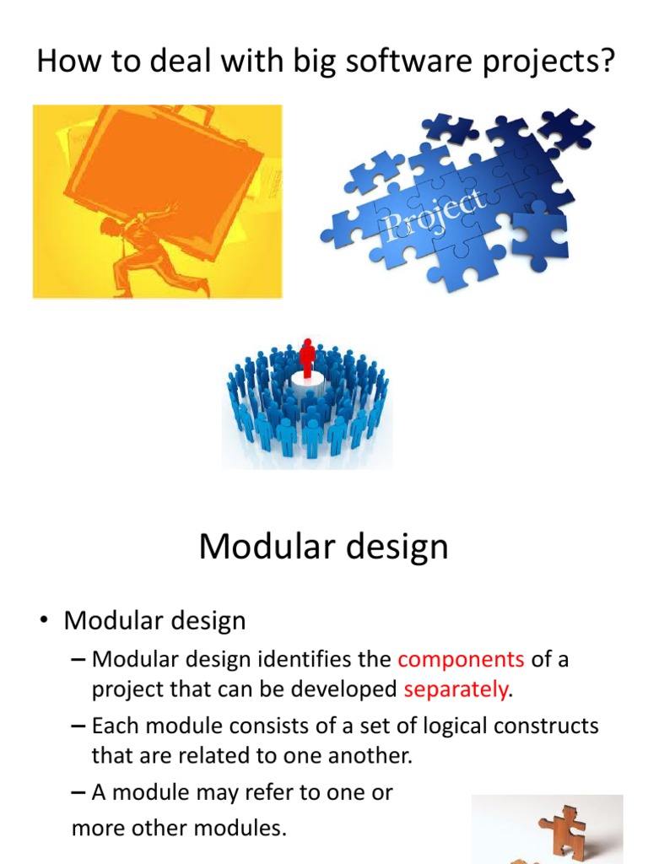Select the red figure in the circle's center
[307, 358]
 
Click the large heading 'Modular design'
[323, 548]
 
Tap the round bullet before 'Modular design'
[43, 622]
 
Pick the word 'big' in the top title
[269, 63]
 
